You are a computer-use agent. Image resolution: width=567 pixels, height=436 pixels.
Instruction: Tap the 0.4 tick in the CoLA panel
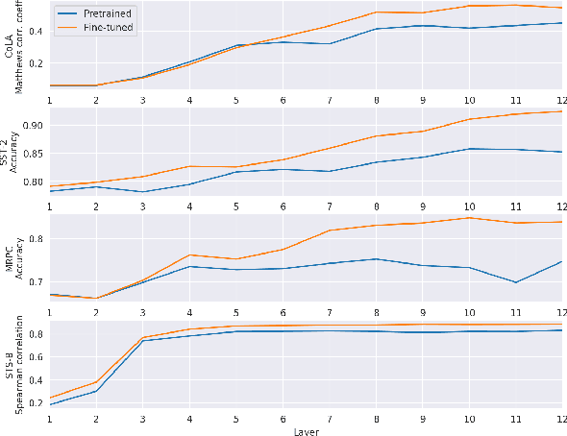(x=36, y=31)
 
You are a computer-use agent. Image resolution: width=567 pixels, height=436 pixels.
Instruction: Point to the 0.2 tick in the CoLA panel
(x=36, y=63)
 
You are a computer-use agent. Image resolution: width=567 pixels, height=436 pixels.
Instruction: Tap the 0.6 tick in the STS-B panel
(x=36, y=357)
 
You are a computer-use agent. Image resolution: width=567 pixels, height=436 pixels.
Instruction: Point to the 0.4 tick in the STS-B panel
(x=36, y=379)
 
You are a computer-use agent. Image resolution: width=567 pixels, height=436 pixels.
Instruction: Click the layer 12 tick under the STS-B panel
(x=561, y=419)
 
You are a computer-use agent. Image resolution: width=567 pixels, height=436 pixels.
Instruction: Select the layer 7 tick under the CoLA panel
(x=329, y=100)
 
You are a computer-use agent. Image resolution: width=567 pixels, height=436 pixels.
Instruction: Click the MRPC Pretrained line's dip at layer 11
(x=515, y=282)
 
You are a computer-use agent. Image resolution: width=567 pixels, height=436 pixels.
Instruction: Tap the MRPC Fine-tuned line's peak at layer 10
(x=469, y=218)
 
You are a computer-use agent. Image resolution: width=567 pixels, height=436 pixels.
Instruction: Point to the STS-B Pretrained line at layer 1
(x=49, y=404)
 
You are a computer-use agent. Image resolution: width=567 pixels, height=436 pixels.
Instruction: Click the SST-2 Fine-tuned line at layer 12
(x=561, y=111)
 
